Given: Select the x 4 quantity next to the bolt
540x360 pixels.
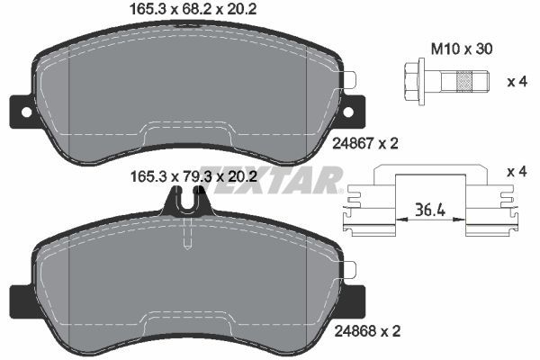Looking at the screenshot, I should click(x=517, y=82).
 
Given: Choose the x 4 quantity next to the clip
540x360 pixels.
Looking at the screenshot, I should click(x=517, y=171).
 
